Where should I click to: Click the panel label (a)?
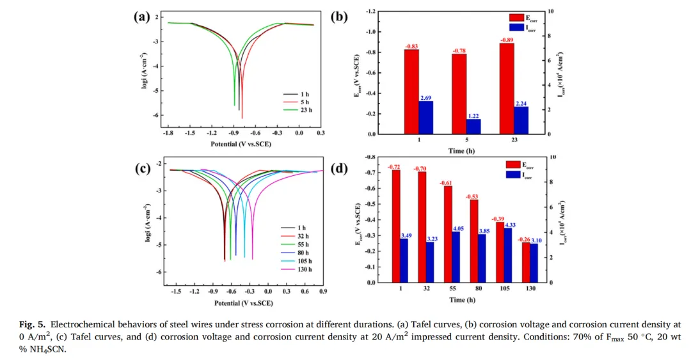tap(141, 17)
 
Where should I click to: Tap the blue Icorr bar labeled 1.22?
tap(473, 126)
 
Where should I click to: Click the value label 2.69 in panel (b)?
tap(426, 97)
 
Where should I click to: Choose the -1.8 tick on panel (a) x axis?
tap(168, 134)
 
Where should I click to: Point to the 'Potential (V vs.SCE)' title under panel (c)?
tap(243, 303)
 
